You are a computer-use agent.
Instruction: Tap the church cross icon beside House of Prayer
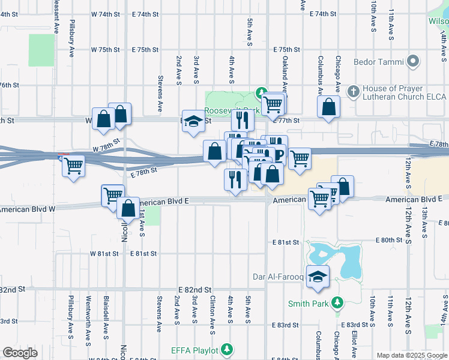pyautogui.click(x=354, y=91)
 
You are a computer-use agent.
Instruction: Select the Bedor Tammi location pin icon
pyautogui.click(x=412, y=61)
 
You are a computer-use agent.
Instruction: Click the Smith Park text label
pyautogui.click(x=308, y=304)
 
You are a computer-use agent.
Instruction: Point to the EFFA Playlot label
pyautogui.click(x=194, y=349)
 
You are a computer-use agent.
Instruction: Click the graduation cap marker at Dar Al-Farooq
pyautogui.click(x=318, y=275)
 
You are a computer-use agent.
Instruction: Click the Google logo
pyautogui.click(x=20, y=352)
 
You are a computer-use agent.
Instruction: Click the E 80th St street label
pyautogui.click(x=388, y=240)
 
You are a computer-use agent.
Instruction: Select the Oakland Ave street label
pyautogui.click(x=285, y=72)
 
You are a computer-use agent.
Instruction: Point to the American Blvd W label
pyautogui.click(x=28, y=209)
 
